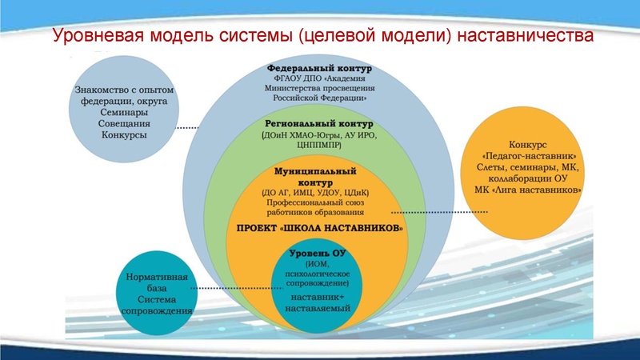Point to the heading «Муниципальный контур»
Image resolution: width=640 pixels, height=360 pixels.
pyautogui.click(x=315, y=177)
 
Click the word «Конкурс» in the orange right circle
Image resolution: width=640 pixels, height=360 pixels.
pyautogui.click(x=526, y=143)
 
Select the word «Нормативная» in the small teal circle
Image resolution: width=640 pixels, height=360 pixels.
pyautogui.click(x=157, y=277)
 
